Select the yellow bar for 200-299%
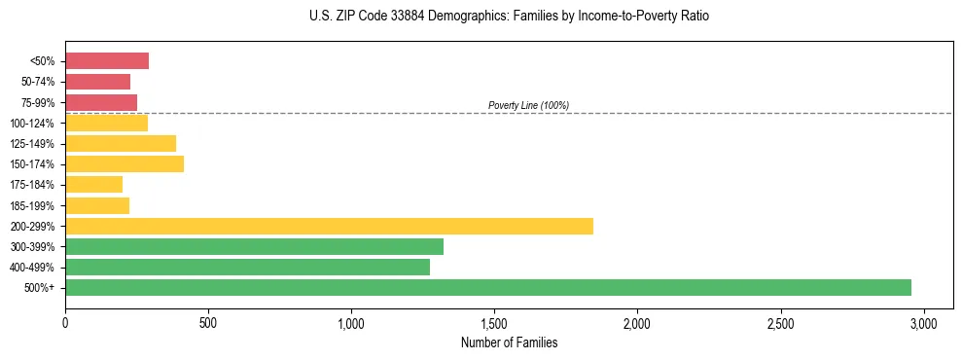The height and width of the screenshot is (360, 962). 329,226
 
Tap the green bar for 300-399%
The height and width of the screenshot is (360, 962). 254,246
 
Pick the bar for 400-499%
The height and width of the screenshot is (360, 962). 247,267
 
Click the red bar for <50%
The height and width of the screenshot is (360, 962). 107,61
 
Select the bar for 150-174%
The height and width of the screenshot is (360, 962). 125,163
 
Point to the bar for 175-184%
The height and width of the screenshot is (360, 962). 94,185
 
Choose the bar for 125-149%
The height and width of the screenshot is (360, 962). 121,143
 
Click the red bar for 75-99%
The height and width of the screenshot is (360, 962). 101,102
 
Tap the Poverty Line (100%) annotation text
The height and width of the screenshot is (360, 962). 528,105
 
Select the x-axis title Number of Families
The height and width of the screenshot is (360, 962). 510,342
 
